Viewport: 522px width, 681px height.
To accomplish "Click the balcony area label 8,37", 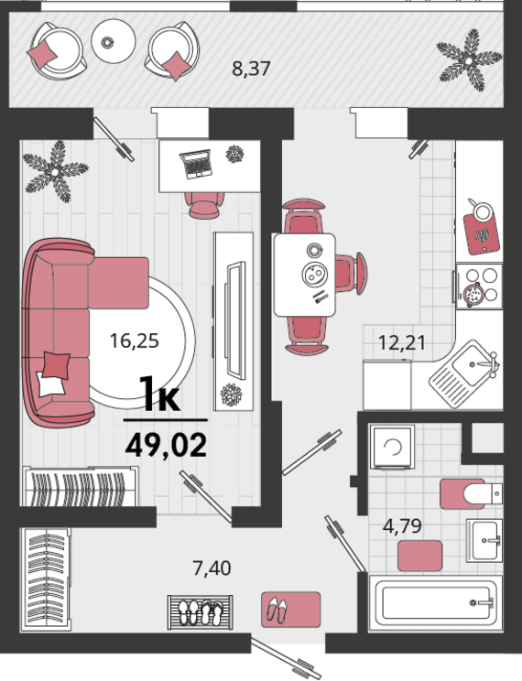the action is click(x=251, y=69).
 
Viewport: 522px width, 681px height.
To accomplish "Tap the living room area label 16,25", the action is click(x=135, y=340).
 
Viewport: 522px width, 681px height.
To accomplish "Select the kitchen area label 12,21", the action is click(x=402, y=342).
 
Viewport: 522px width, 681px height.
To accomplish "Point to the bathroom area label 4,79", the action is click(x=402, y=526).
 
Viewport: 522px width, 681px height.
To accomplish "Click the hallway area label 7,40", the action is click(x=212, y=568).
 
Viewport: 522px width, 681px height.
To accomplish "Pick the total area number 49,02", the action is click(x=166, y=445).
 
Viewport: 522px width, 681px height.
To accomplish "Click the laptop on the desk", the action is click(x=196, y=164).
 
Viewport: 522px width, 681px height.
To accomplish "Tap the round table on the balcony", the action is click(x=113, y=41).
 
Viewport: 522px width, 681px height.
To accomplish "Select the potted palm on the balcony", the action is click(x=470, y=59).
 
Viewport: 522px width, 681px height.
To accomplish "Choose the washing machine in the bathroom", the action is click(x=392, y=447).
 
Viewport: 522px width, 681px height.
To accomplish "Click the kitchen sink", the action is click(x=463, y=374).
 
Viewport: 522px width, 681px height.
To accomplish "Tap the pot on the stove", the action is click(x=472, y=295).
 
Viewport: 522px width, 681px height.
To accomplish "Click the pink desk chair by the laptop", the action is click(x=204, y=205).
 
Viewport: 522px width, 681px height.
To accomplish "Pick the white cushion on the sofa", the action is click(x=50, y=384).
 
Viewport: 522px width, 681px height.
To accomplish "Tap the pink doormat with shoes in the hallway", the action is click(x=291, y=610).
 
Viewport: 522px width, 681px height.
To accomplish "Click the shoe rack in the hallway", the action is click(x=201, y=612).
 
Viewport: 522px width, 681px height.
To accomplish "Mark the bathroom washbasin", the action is click(x=484, y=541).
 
